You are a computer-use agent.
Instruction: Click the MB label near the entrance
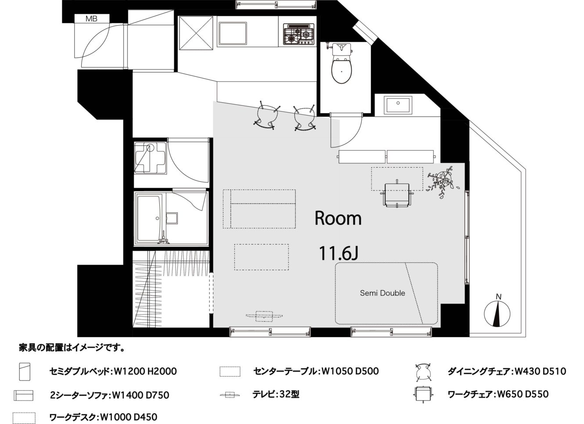pyautogui.click(x=91, y=19)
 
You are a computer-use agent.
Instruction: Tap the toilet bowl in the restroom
pyautogui.click(x=342, y=70)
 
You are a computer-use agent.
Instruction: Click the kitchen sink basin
pyautogui.click(x=233, y=33)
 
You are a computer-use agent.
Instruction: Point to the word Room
pyautogui.click(x=338, y=219)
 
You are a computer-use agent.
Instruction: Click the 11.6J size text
pyautogui.click(x=339, y=253)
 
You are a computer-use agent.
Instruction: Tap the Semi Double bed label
pyautogui.click(x=382, y=293)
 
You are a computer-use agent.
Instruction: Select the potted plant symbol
pyautogui.click(x=443, y=182)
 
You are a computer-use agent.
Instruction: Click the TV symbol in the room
pyautogui.click(x=264, y=316)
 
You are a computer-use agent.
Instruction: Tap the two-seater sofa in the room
pyautogui.click(x=259, y=209)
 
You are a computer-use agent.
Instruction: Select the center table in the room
pyautogui.click(x=262, y=257)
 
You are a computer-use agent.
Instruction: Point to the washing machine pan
pyautogui.click(x=150, y=158)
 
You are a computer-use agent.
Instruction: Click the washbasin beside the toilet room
pyautogui.click(x=398, y=105)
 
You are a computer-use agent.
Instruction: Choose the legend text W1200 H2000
pyautogui.click(x=145, y=371)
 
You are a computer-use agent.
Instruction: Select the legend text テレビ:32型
pyautogui.click(x=276, y=394)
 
